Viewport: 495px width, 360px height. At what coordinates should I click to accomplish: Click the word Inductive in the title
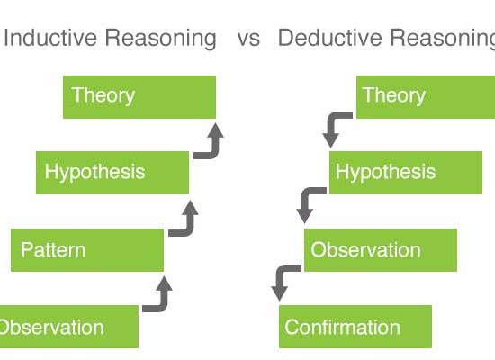[50, 38]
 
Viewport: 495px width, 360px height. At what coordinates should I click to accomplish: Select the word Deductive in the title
[330, 38]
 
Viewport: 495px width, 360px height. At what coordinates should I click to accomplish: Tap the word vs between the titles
[248, 40]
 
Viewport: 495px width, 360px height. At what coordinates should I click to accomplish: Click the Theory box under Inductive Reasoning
[139, 97]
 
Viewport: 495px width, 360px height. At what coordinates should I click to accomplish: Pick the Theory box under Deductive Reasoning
[426, 97]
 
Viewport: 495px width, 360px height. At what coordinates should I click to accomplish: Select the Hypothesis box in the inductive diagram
[112, 173]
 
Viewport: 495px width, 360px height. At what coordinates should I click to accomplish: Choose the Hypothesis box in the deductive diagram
[406, 173]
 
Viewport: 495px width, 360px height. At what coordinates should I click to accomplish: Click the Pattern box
[87, 250]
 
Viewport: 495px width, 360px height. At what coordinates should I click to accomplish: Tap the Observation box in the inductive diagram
[69, 327]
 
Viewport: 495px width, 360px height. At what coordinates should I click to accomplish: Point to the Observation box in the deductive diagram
[381, 250]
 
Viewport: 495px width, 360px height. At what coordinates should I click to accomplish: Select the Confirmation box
[355, 327]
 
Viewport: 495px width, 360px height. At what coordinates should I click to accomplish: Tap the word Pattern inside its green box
[53, 250]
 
